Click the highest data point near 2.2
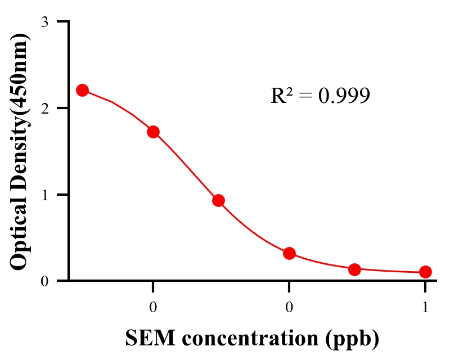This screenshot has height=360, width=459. [x=82, y=90]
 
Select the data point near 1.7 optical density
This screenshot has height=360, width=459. [x=153, y=132]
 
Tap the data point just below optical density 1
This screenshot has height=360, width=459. [x=219, y=200]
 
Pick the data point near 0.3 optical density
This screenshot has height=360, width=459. [x=289, y=253]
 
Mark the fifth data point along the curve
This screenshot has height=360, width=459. [x=354, y=269]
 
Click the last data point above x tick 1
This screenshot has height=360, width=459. [x=425, y=272]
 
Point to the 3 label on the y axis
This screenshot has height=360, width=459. [x=44, y=22]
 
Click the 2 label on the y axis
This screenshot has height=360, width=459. [x=44, y=108]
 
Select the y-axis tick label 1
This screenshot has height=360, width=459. [x=44, y=195]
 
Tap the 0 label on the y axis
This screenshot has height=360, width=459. [x=44, y=281]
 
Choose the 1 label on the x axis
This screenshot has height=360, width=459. [x=425, y=307]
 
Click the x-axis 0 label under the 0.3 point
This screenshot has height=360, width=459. [x=289, y=307]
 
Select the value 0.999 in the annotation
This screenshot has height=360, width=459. [x=344, y=96]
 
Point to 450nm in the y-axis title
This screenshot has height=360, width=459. [x=20, y=74]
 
